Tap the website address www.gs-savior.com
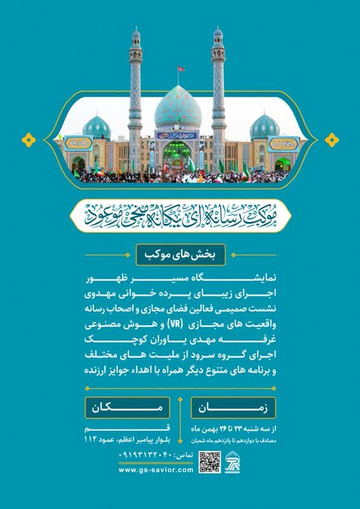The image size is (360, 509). point(155,469)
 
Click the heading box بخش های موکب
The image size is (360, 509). point(180,256)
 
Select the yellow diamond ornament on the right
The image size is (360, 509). point(331,139)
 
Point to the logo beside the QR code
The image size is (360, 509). point(232,462)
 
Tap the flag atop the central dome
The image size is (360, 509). point(181,68)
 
